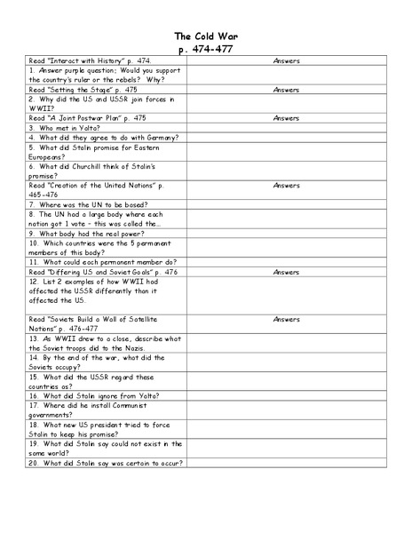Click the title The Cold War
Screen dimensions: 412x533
pos(205,36)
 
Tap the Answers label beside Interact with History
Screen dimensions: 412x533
pos(286,61)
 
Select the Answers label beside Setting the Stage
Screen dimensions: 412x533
pos(286,90)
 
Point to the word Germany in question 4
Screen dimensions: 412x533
pos(161,138)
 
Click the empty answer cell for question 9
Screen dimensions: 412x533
pos(286,234)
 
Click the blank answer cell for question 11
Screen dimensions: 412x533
pos(286,262)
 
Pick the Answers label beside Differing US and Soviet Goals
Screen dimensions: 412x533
pos(286,272)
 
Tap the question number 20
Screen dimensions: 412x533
pos(34,463)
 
